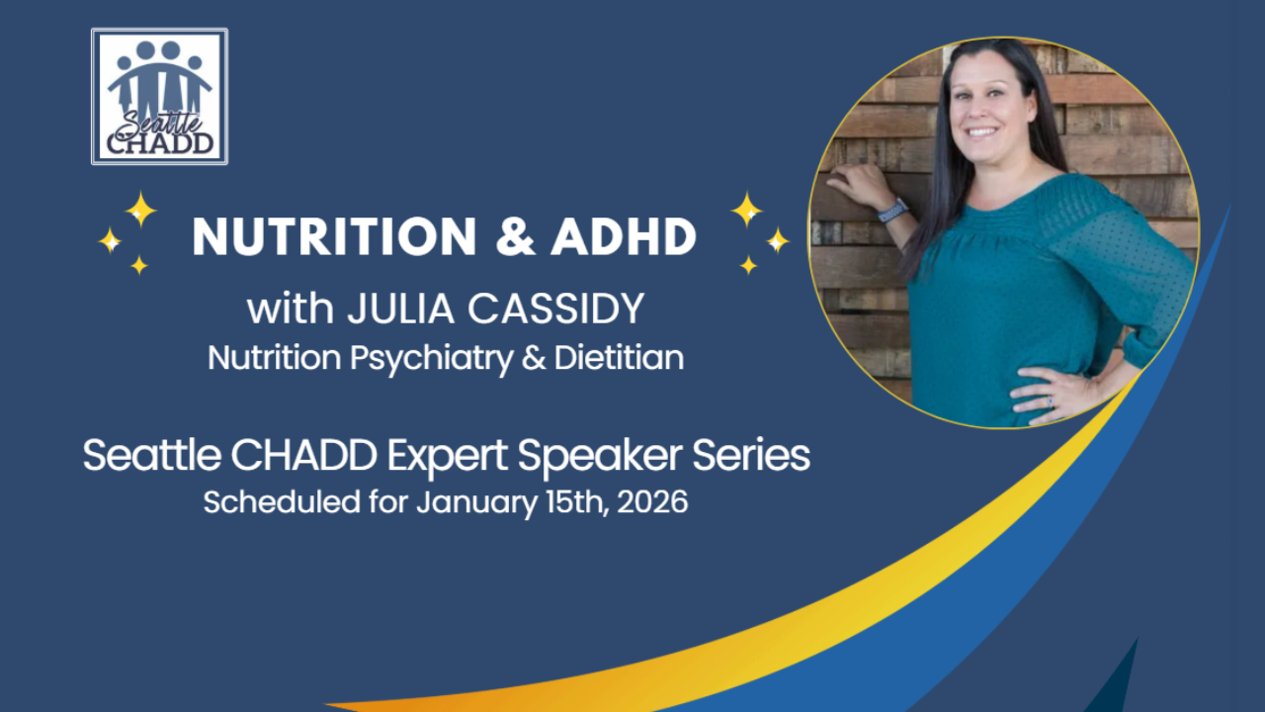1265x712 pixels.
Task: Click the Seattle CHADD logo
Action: click(160, 97)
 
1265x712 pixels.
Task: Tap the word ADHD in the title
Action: click(624, 236)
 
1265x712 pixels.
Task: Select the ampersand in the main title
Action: click(515, 236)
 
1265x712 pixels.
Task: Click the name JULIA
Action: click(401, 309)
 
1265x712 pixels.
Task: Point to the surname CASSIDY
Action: click(556, 309)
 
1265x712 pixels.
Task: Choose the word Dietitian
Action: click(619, 358)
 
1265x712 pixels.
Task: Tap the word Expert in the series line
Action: click(447, 457)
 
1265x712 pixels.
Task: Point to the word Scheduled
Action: click(282, 501)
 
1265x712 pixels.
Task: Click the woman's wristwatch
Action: click(892, 211)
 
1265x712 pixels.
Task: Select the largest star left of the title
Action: click(140, 210)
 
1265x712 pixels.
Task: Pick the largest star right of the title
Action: click(746, 210)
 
